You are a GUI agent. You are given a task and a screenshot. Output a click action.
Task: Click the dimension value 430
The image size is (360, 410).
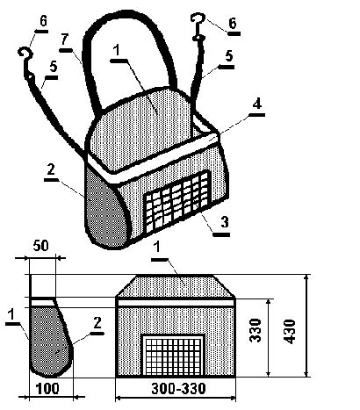[x=290, y=332]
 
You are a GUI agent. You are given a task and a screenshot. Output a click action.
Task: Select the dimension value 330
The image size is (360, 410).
[x=256, y=330]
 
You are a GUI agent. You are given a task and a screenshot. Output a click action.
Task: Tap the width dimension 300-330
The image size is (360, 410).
[x=178, y=389]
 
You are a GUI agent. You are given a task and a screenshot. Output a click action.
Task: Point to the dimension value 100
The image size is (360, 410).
[x=47, y=389]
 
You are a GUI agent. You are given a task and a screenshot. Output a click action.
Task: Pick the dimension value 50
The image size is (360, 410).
[x=40, y=246]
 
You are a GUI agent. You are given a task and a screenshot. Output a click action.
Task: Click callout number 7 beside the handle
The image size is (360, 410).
[x=65, y=40]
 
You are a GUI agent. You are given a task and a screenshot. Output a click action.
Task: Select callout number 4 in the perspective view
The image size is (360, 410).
[x=257, y=104]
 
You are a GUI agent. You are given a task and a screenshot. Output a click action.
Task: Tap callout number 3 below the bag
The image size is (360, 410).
[x=225, y=222]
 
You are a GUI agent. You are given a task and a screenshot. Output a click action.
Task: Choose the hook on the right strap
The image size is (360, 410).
[x=198, y=25]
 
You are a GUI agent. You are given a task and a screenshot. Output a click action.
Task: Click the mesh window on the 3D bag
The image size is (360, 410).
[x=177, y=202]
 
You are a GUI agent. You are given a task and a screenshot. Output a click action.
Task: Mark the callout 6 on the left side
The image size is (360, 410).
[x=43, y=21]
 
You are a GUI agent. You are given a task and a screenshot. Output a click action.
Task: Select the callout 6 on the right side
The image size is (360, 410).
[x=233, y=24]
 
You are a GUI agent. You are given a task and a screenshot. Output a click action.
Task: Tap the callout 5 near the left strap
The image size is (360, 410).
[x=53, y=67]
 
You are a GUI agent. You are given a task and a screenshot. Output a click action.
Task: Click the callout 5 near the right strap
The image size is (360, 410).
[x=229, y=55]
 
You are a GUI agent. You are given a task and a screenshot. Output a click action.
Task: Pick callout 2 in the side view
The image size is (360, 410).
[x=97, y=323]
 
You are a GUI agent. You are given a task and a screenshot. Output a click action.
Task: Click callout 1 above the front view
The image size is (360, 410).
[x=157, y=248]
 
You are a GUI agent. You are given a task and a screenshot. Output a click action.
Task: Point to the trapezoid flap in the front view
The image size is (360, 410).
[x=175, y=286]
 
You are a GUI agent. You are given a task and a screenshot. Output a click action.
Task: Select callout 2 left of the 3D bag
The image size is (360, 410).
[x=51, y=169]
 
